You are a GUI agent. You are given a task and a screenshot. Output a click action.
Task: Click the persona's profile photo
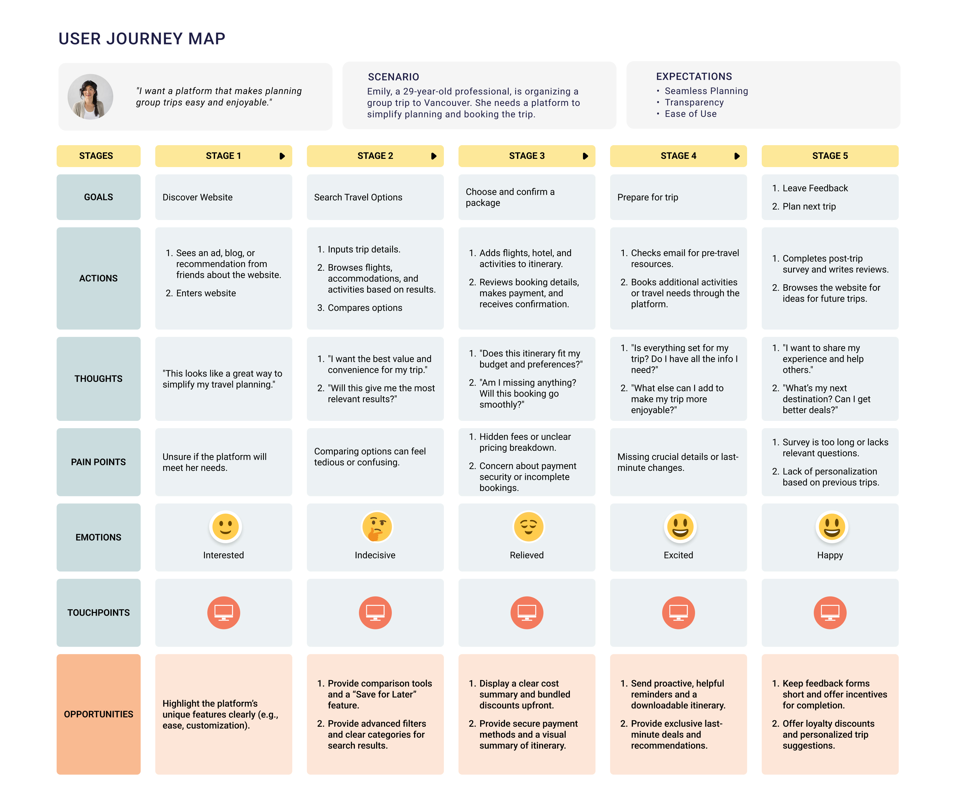pyautogui.click(x=90, y=97)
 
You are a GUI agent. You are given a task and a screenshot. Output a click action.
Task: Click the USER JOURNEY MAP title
pyautogui.click(x=142, y=39)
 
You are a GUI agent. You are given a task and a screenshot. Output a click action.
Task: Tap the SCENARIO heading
pyautogui.click(x=393, y=77)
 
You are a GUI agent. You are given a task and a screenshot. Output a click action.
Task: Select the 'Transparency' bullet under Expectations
pyautogui.click(x=694, y=102)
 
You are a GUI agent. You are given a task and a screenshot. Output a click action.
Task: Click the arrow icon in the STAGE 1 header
pyautogui.click(x=282, y=156)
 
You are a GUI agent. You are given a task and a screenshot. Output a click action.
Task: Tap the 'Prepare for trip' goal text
pyautogui.click(x=647, y=197)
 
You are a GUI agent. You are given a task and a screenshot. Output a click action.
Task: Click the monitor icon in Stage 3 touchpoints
pyautogui.click(x=527, y=612)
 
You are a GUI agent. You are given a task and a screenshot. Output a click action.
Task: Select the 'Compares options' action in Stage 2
pyautogui.click(x=364, y=308)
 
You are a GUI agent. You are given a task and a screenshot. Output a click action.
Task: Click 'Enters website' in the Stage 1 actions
pyautogui.click(x=206, y=293)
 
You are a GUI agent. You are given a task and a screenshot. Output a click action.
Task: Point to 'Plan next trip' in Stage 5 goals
pyautogui.click(x=809, y=206)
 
